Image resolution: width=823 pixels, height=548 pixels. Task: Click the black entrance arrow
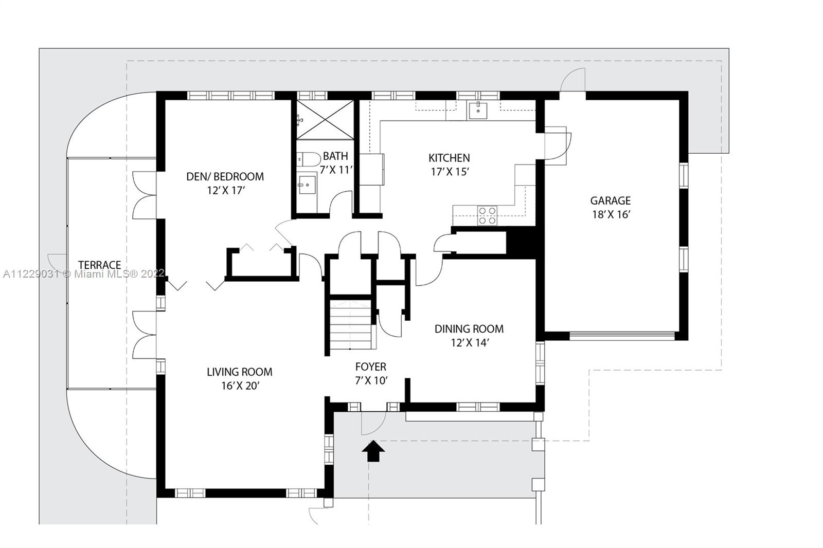coord(373,451)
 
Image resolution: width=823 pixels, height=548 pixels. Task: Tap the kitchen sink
coord(478,111)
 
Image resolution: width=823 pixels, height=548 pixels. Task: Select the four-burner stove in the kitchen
coord(487,215)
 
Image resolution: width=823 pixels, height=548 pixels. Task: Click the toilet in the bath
coord(309,159)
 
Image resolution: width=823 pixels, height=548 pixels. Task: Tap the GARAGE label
coord(610,200)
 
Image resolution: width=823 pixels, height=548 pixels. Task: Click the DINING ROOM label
coord(469,328)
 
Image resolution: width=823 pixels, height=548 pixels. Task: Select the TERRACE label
coord(100,265)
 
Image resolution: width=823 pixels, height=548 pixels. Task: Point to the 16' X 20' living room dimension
coord(240,386)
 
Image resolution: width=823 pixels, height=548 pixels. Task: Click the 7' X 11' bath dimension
coord(336,170)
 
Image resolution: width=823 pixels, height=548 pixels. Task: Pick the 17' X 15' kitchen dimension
coord(450,172)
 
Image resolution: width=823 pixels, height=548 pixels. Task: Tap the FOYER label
coord(371,367)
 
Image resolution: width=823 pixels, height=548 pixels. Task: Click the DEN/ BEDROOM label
coord(225,177)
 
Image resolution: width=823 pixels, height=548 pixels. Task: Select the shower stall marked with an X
coord(325,120)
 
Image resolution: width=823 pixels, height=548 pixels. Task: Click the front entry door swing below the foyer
coord(373,424)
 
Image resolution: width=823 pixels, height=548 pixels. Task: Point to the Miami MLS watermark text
coord(83,273)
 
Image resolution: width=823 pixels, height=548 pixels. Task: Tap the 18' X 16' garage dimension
coord(611,214)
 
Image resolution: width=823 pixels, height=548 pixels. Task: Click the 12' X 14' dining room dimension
coord(470,343)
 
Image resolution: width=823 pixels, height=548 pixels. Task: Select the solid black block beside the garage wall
coord(522,243)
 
